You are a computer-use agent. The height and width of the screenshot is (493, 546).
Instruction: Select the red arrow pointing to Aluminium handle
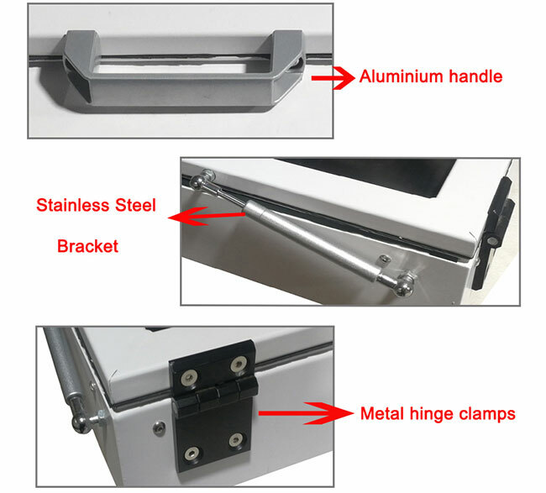(x=333, y=77)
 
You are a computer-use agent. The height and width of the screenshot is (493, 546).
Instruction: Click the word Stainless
(x=73, y=205)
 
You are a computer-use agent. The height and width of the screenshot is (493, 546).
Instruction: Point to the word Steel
(x=135, y=205)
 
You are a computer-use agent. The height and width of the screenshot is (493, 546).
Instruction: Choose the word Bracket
(x=87, y=246)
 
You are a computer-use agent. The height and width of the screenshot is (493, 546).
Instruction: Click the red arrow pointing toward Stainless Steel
(x=207, y=216)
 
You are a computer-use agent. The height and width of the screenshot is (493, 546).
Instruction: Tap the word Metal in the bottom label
(x=382, y=413)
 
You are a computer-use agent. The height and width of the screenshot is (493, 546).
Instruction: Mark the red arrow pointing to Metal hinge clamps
(x=306, y=413)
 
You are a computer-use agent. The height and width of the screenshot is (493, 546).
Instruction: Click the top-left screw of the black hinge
(x=190, y=379)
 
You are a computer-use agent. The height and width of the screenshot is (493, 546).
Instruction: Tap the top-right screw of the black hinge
(x=239, y=365)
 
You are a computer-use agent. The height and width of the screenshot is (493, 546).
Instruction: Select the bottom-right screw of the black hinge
(x=236, y=440)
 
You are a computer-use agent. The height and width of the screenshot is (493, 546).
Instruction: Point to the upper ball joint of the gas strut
(x=198, y=181)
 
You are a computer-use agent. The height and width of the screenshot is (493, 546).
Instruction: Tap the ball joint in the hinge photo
(x=81, y=423)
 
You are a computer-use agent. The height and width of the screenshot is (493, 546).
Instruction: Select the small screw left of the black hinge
(x=159, y=427)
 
